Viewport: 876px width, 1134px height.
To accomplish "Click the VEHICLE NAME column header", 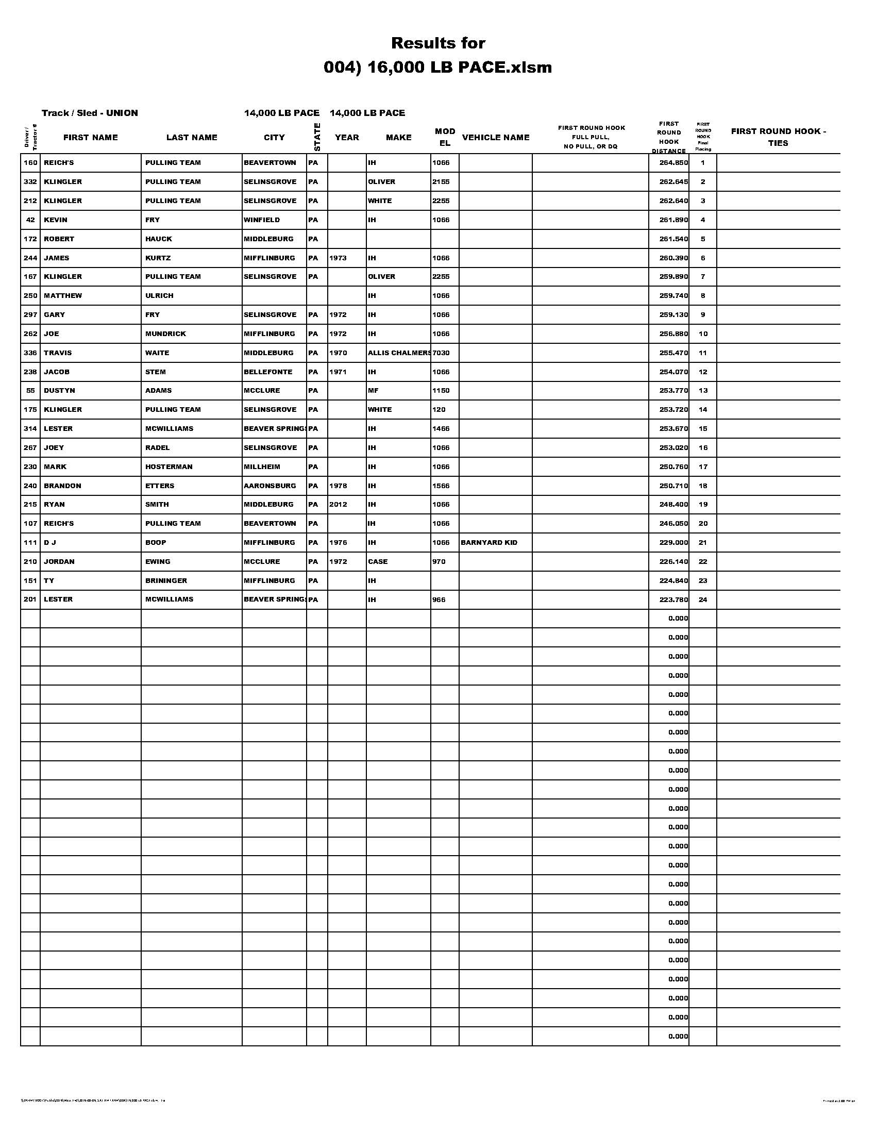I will pyautogui.click(x=495, y=138).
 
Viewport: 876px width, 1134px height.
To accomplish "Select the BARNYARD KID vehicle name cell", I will pyautogui.click(x=489, y=543).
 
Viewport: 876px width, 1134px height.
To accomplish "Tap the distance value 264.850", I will pyautogui.click(x=673, y=163).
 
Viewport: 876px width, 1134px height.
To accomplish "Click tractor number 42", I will pyautogui.click(x=30, y=220).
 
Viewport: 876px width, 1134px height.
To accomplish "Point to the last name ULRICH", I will pyautogui.click(x=159, y=296).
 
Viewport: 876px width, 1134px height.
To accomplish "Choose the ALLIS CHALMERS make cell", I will pyautogui.click(x=398, y=353).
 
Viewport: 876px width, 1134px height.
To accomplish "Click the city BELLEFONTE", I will pyautogui.click(x=268, y=372).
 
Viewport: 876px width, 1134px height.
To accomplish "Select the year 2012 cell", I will pyautogui.click(x=338, y=505).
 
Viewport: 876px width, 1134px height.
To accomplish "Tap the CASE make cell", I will pyautogui.click(x=378, y=562).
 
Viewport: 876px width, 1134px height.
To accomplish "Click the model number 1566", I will pyautogui.click(x=441, y=486).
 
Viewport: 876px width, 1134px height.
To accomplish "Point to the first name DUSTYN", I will pyautogui.click(x=57, y=391).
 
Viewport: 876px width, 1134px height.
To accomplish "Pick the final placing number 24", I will pyautogui.click(x=703, y=599).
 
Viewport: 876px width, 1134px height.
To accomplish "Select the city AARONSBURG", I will pyautogui.click(x=270, y=486).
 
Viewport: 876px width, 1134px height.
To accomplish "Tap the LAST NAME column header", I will pyautogui.click(x=192, y=138).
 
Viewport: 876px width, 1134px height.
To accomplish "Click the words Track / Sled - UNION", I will pyautogui.click(x=90, y=113).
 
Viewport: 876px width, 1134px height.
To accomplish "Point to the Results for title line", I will pyautogui.click(x=438, y=43).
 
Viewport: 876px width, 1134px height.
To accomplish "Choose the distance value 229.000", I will pyautogui.click(x=673, y=543).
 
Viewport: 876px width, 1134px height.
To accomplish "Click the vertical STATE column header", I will pyautogui.click(x=317, y=137).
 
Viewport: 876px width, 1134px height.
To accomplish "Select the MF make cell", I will pyautogui.click(x=373, y=391).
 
